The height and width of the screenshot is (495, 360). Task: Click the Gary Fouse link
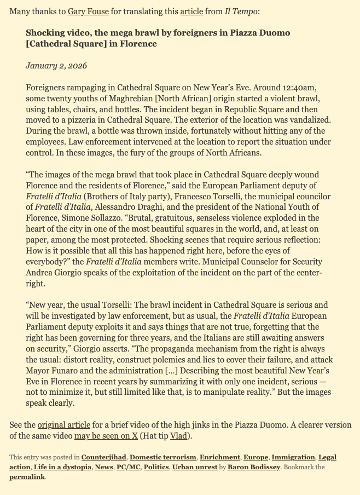pos(88,11)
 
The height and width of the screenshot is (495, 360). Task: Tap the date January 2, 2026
pos(56,66)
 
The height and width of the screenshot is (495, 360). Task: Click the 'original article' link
pos(64,425)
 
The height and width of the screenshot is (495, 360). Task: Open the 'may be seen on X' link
pos(106,436)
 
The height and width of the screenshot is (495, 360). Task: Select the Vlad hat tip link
pos(178,436)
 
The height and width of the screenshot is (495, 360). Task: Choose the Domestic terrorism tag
pos(162,457)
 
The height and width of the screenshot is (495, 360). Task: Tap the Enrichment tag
pos(220,457)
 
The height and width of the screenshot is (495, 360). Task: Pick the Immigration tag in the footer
pos(293,457)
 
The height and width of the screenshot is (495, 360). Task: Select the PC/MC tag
pos(127,467)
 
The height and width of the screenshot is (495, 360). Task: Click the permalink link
pos(27,477)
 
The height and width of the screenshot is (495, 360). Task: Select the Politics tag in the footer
pos(156,467)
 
